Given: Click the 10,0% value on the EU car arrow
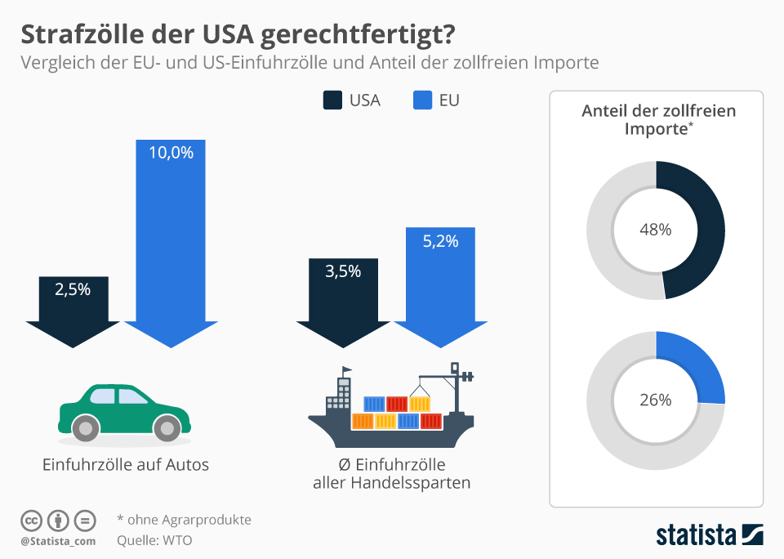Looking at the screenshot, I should pos(171,152).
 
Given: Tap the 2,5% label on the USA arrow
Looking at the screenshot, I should pos(73,288).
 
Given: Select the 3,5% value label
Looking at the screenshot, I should pos(343,271).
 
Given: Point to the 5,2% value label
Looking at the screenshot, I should pos(440,241).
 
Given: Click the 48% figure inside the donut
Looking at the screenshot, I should pos(655,230).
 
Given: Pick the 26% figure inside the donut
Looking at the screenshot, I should pos(655,400).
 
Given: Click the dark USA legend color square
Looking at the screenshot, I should pos(332,101).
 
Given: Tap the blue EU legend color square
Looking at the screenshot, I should pos(422,101).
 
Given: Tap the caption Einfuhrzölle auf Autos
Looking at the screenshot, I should pos(126,465).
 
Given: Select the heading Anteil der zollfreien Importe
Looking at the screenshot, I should pos(658,119).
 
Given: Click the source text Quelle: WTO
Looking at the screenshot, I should pos(155,539).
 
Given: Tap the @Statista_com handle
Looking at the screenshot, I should pos(58,540).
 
